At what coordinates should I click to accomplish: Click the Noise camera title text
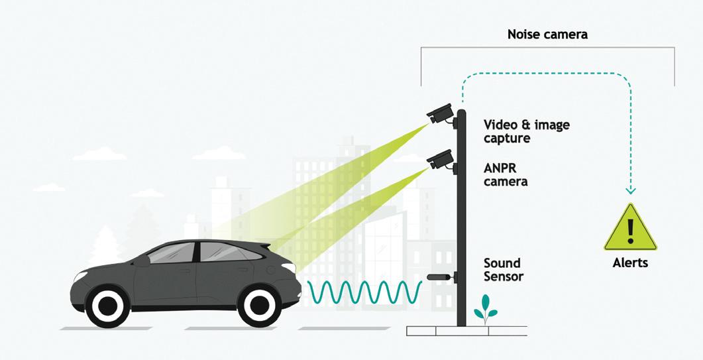point(547,34)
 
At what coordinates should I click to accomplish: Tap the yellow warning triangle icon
point(630,229)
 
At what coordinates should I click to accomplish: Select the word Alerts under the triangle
point(630,263)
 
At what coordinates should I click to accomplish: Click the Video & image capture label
point(526,131)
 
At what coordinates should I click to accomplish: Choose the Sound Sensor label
point(503,269)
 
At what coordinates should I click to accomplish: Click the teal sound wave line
point(364,292)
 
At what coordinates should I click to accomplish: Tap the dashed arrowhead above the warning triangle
point(630,190)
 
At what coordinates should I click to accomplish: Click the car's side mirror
point(142,261)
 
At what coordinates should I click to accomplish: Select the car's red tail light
point(289,267)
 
